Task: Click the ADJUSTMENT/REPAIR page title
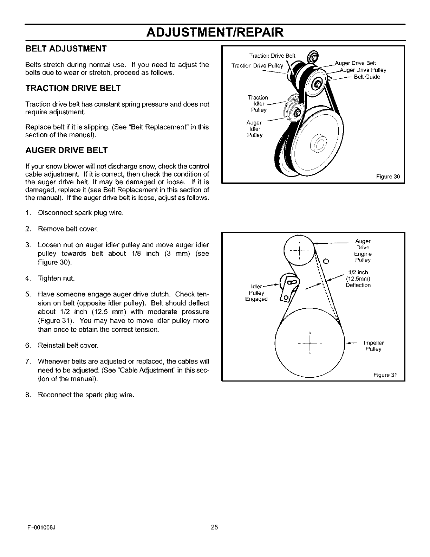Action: click(215, 32)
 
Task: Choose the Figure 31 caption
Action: click(385, 375)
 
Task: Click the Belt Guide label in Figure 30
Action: click(367, 77)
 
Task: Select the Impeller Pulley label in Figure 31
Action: click(373, 346)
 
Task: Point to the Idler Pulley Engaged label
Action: click(256, 293)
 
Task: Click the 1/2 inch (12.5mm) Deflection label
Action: click(358, 278)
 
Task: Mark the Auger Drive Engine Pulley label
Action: click(363, 251)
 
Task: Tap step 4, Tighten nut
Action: click(56, 278)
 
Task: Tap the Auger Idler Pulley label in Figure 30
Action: click(254, 129)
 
